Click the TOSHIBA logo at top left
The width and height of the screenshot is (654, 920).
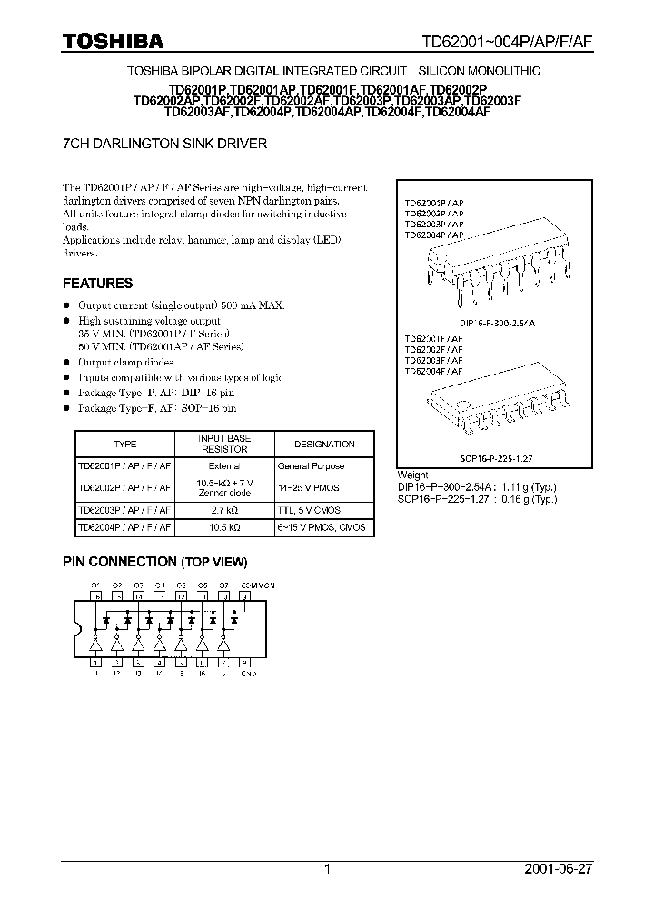[113, 41]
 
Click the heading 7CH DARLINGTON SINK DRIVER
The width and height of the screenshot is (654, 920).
[164, 144]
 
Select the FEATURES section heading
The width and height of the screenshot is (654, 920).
[97, 283]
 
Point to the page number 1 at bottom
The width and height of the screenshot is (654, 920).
[327, 870]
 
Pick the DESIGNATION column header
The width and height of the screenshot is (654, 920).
[324, 444]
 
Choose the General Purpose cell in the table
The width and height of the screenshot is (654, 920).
[312, 465]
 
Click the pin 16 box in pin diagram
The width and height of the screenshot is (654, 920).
[96, 595]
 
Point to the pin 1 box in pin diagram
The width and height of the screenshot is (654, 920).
[96, 663]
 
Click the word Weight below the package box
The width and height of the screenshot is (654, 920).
[413, 475]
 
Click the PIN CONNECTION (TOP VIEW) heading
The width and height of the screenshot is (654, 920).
[154, 562]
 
